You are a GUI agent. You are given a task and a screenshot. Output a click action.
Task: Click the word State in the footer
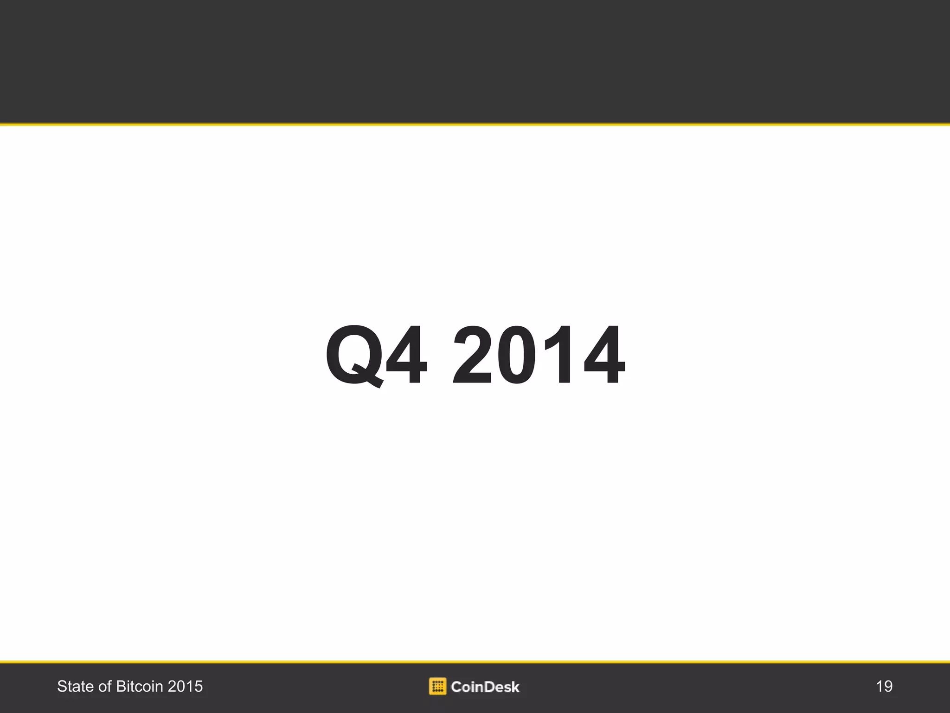[75, 687]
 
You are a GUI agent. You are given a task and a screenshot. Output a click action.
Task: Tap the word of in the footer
[105, 687]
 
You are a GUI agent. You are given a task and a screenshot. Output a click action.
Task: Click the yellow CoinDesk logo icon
[437, 686]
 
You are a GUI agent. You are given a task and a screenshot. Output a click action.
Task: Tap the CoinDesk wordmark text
[485, 687]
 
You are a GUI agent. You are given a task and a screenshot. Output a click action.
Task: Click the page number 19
[884, 687]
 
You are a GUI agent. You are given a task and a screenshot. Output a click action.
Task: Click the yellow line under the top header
[475, 124]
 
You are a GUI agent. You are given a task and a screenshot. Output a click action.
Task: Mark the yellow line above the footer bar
[475, 661]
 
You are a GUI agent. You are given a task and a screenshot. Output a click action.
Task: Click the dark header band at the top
[475, 60]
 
